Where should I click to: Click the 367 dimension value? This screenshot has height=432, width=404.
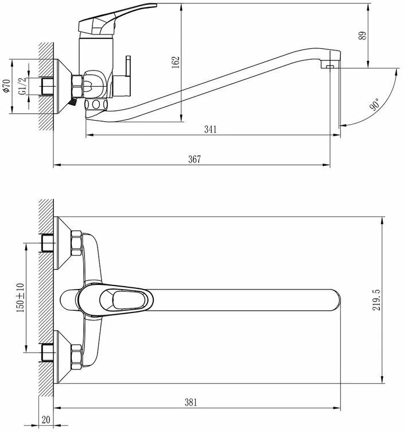coord(195,159)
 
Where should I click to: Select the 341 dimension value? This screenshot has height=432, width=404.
coord(211,129)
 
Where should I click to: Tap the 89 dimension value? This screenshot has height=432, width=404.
coord(362,36)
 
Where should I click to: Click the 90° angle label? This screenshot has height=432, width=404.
coord(374,105)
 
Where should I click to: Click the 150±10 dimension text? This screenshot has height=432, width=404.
coord(20,298)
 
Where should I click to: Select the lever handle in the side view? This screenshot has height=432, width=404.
coord(115,18)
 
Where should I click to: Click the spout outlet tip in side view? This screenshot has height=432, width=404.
coord(329,66)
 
